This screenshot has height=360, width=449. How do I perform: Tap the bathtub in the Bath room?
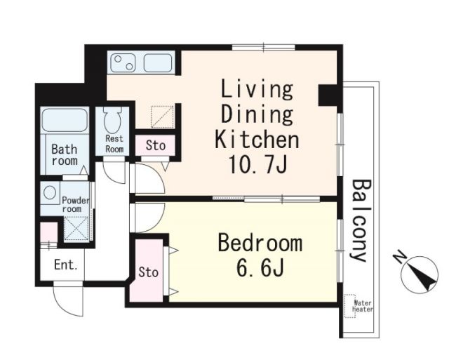pyautogui.click(x=65, y=120)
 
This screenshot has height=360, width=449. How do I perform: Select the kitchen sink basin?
pyautogui.click(x=158, y=63)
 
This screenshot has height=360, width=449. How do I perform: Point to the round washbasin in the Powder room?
pyautogui.click(x=50, y=193)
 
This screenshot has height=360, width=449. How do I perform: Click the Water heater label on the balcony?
pyautogui.click(x=363, y=306)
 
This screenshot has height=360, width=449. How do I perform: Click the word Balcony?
pyautogui.click(x=361, y=220)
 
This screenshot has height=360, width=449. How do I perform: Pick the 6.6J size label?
pyautogui.click(x=260, y=268)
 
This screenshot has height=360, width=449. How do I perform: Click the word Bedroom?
pyautogui.click(x=260, y=243)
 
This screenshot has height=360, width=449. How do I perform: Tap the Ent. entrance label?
pyautogui.click(x=65, y=265)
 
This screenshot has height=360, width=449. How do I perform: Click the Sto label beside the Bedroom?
pyautogui.click(x=148, y=272)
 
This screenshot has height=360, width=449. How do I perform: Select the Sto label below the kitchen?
pyautogui.click(x=156, y=145)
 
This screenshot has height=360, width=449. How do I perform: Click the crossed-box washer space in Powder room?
pyautogui.click(x=76, y=228)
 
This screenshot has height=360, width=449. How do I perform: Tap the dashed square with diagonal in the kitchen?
pyautogui.click(x=162, y=116)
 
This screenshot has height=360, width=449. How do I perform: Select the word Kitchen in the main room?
pyautogui.click(x=257, y=139)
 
